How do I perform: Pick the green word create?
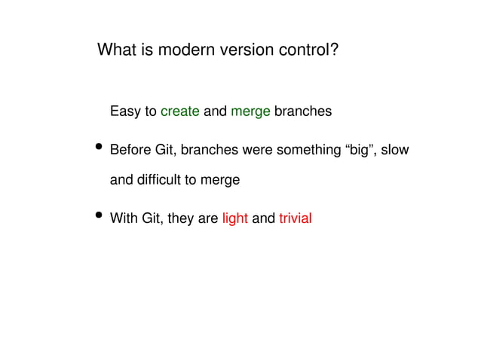180,112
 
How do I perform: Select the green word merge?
250,112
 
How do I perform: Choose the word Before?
130,150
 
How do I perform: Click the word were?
258,150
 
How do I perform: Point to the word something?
309,150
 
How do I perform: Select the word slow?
395,150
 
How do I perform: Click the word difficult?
160,181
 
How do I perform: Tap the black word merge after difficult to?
222,181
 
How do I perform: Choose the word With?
124,219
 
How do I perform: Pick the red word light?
234,219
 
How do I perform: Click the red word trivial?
295,219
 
